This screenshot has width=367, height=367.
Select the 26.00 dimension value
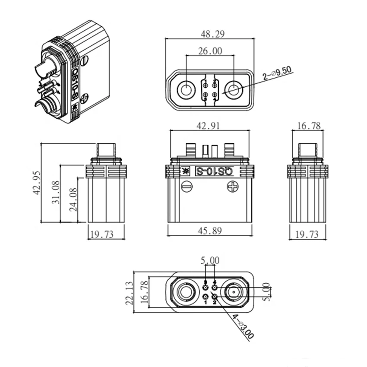coord(210,51)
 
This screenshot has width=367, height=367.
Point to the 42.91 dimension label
coord(209,126)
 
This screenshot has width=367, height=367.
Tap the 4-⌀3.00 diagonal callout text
coord(243,327)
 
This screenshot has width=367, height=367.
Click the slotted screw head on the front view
coord(187,187)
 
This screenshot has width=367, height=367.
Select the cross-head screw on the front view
coord(233,187)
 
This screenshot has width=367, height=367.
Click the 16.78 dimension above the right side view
coord(309,126)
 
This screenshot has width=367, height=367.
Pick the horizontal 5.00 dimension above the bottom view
coord(210,260)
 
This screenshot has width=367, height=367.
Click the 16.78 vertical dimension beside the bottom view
coord(144,292)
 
